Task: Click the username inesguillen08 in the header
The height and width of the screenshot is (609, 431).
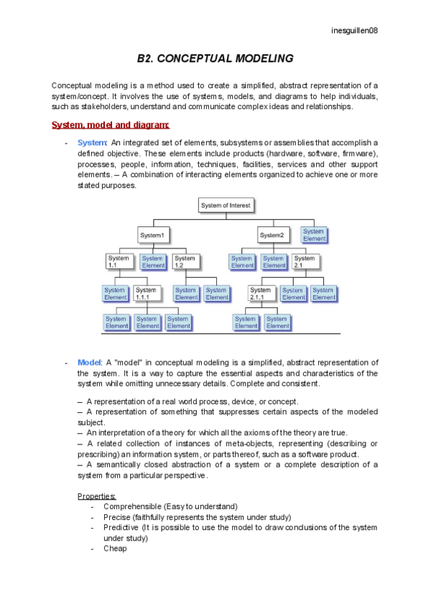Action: pyautogui.click(x=355, y=30)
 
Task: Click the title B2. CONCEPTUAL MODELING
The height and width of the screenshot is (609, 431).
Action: pyautogui.click(x=215, y=58)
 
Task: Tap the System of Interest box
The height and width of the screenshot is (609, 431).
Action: pyautogui.click(x=226, y=205)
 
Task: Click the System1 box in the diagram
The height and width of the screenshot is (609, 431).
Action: pyautogui.click(x=152, y=235)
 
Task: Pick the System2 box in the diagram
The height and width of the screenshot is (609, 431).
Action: pyautogui.click(x=272, y=235)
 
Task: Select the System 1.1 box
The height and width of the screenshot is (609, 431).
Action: pyautogui.click(x=119, y=262)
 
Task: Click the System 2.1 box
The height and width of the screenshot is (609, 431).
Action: pyautogui.click(x=305, y=262)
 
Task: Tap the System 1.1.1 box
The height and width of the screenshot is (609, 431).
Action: pyautogui.click(x=148, y=294)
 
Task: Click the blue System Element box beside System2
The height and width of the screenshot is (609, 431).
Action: pyautogui.click(x=314, y=235)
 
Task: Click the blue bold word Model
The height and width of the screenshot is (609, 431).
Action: pyautogui.click(x=89, y=363)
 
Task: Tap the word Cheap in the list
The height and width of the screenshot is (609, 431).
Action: pyautogui.click(x=115, y=548)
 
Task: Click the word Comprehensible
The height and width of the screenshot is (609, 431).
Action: pyautogui.click(x=134, y=506)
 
